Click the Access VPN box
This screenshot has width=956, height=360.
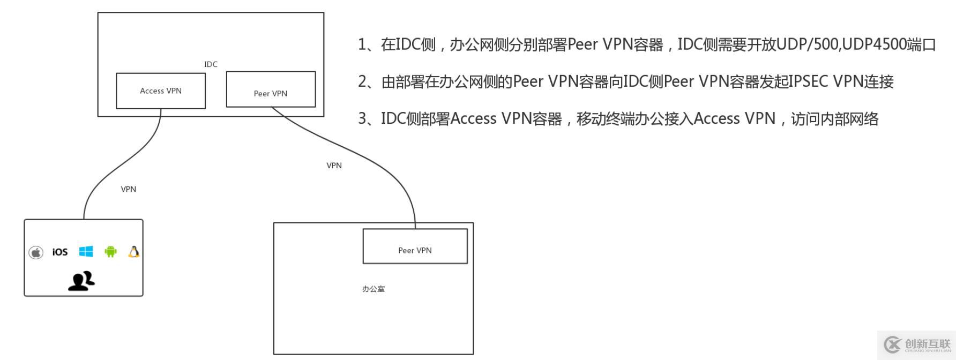tap(161, 91)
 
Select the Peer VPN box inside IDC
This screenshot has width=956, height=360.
tap(271, 89)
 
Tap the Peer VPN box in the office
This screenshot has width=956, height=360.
tap(415, 246)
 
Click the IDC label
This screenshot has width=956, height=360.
tap(211, 64)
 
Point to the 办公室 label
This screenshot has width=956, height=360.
tap(374, 289)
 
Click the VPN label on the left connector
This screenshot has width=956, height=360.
tap(129, 189)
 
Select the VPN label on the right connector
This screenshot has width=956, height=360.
tap(334, 166)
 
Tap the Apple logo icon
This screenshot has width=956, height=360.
tap(36, 252)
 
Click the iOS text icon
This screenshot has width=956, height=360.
tap(60, 252)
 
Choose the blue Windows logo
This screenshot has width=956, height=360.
tap(86, 251)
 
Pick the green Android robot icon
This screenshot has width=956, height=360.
tap(110, 251)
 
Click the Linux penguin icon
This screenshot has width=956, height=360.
tap(134, 251)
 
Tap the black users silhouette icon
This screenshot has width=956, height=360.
tap(81, 281)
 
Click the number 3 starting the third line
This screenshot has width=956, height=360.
tap(363, 119)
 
